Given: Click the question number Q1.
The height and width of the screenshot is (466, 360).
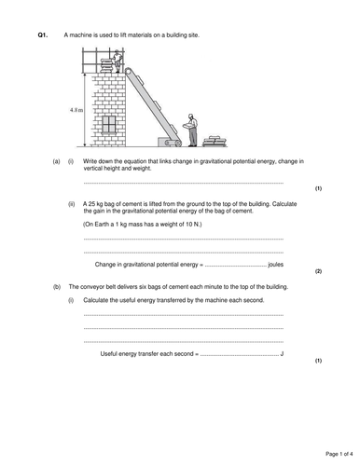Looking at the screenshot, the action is coord(42,34).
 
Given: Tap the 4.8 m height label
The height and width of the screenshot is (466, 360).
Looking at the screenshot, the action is coord(76,110).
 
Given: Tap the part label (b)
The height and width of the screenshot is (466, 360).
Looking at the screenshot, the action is coord(56,286).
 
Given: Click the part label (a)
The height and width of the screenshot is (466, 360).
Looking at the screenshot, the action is coord(56,160).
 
